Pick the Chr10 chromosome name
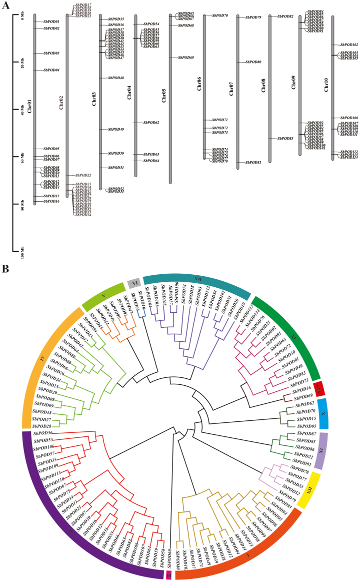click(326, 85)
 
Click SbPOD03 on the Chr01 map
click(51, 53)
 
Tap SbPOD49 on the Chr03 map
click(115, 130)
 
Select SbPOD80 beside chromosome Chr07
click(253, 62)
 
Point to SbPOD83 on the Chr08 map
click(285, 138)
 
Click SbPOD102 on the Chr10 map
click(348, 45)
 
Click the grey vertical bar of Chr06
click(204, 85)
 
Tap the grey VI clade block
click(133, 284)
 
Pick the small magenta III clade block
click(168, 575)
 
